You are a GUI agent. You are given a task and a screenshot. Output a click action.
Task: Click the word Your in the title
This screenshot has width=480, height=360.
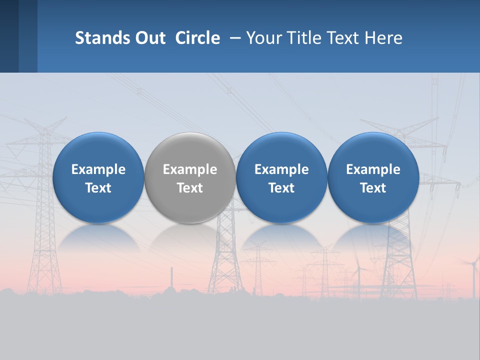click(x=262, y=38)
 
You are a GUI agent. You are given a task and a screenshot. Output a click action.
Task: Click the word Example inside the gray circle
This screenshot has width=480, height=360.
click(x=190, y=169)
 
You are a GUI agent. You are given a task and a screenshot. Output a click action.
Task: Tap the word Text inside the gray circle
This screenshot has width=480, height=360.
click(x=190, y=188)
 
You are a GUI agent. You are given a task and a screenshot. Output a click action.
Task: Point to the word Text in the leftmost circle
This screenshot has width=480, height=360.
click(x=98, y=188)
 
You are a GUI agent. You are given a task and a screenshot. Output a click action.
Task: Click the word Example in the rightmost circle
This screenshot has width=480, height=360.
click(x=373, y=169)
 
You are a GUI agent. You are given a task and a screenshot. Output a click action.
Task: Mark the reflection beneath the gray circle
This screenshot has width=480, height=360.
click(x=190, y=237)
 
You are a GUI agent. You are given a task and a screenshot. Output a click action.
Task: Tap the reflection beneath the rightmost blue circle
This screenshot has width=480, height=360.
click(x=373, y=237)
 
